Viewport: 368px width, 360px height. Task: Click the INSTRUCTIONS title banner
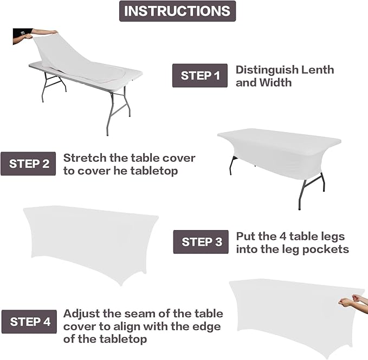[x=177, y=11]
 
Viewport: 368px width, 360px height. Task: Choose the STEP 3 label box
[x=202, y=242]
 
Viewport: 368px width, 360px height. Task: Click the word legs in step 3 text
[x=332, y=237]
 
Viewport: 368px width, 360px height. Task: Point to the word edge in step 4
[x=208, y=326]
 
